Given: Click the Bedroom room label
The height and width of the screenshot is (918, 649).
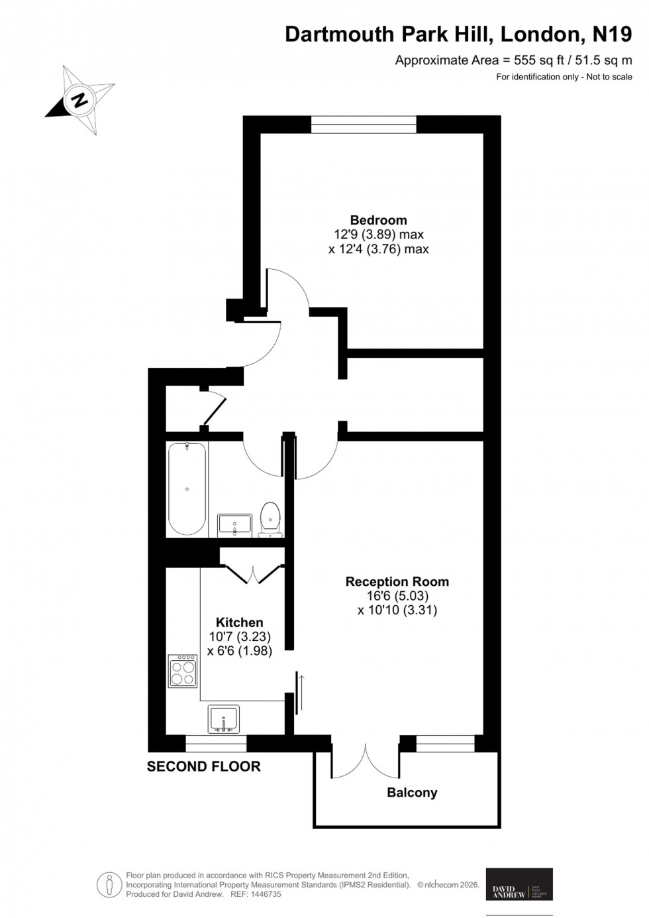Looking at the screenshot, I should pos(378,220).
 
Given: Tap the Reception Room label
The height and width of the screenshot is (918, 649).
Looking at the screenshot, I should pos(397,581).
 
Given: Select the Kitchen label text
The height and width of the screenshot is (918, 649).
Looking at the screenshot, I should pos(239,622).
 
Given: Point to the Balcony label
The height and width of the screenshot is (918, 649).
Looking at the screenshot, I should pos(412,792).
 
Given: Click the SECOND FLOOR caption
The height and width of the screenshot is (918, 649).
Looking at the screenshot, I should pos(203,766).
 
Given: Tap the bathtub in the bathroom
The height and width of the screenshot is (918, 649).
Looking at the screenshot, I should pos(187,488).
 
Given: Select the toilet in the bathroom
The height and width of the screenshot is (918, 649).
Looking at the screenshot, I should pos(270,518).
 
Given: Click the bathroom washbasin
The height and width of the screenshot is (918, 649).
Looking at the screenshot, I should pos(234,524).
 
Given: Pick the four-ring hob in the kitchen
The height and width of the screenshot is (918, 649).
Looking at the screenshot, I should pos(183,671).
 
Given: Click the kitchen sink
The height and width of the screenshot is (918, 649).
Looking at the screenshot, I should pos(223,719).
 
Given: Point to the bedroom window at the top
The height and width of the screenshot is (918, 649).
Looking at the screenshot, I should pos(364,124).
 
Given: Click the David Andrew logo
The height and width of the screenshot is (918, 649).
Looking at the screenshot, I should pos(519,884).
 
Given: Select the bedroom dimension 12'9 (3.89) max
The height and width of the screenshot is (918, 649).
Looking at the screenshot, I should pos(378,234).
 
